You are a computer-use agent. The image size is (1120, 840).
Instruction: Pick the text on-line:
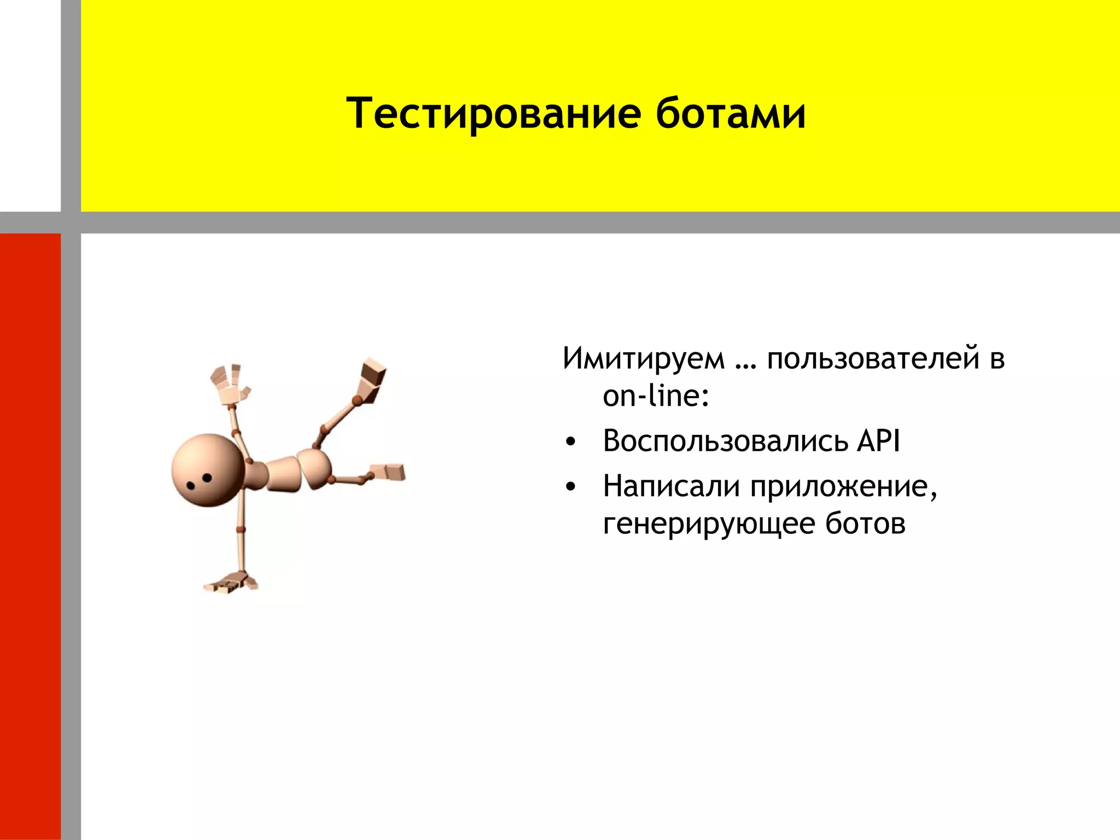(656, 396)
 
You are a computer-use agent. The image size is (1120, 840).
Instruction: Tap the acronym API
(878, 441)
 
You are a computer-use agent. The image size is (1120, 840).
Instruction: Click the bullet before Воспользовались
(570, 442)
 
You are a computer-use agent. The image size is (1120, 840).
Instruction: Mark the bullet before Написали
(570, 487)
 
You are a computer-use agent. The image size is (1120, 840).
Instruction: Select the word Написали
(671, 486)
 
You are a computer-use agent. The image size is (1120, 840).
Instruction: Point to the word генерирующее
(709, 524)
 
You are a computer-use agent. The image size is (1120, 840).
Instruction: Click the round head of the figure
(207, 470)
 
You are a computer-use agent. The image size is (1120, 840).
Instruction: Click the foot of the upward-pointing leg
(371, 378)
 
